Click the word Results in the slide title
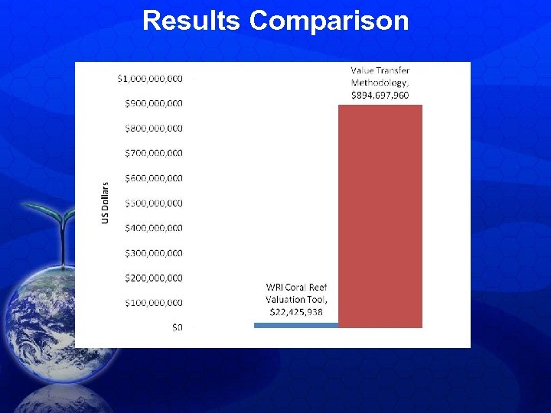[192, 21]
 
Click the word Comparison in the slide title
[329, 21]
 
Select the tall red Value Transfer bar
[380, 216]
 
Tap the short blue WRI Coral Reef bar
[295, 325]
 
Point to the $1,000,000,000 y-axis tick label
[150, 78]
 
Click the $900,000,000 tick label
[154, 103]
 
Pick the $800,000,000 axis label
[154, 128]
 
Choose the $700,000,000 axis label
[154, 153]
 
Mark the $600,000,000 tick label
[154, 178]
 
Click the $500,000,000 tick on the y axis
[154, 203]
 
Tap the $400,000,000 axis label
[154, 228]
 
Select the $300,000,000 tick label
[154, 253]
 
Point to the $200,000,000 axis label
[154, 278]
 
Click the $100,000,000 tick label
[154, 303]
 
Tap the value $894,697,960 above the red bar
[380, 95]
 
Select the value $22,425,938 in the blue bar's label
[295, 312]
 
